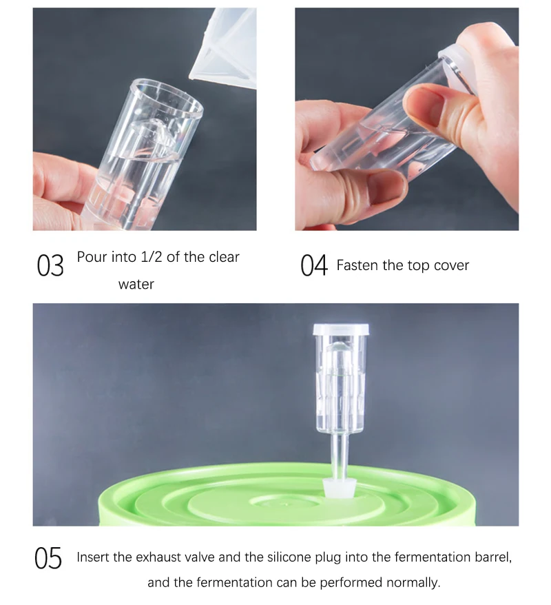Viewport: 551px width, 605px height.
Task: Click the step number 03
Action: (x=50, y=265)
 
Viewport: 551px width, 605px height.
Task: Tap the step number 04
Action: (x=314, y=265)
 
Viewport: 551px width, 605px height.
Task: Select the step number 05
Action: (x=48, y=558)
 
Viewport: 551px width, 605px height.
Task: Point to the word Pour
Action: (x=90, y=257)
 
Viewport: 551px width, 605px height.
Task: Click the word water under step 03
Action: (x=136, y=285)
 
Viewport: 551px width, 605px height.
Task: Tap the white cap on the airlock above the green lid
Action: (x=341, y=329)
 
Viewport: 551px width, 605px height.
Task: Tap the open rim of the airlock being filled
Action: (x=166, y=99)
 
